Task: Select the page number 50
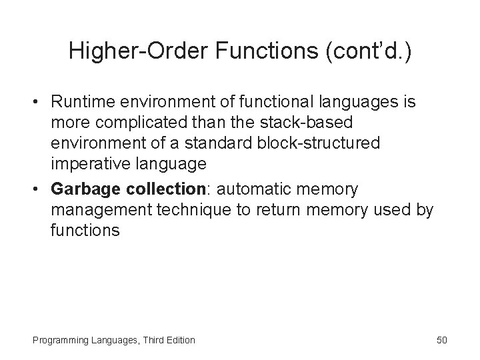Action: (442, 340)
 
